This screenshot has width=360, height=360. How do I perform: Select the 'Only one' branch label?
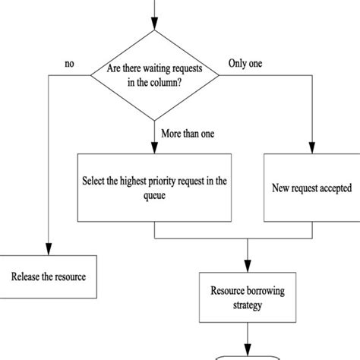click(245, 65)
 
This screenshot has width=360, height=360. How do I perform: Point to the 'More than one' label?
click(187, 134)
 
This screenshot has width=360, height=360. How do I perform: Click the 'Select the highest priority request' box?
click(154, 188)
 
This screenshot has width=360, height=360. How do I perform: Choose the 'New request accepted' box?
click(311, 187)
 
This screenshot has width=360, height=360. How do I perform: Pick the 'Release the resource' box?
click(48, 276)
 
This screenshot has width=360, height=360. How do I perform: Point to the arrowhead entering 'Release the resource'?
click(48, 251)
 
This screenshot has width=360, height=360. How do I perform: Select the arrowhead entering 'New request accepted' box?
click(311, 149)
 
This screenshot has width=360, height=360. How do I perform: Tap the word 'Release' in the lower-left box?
click(27, 276)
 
